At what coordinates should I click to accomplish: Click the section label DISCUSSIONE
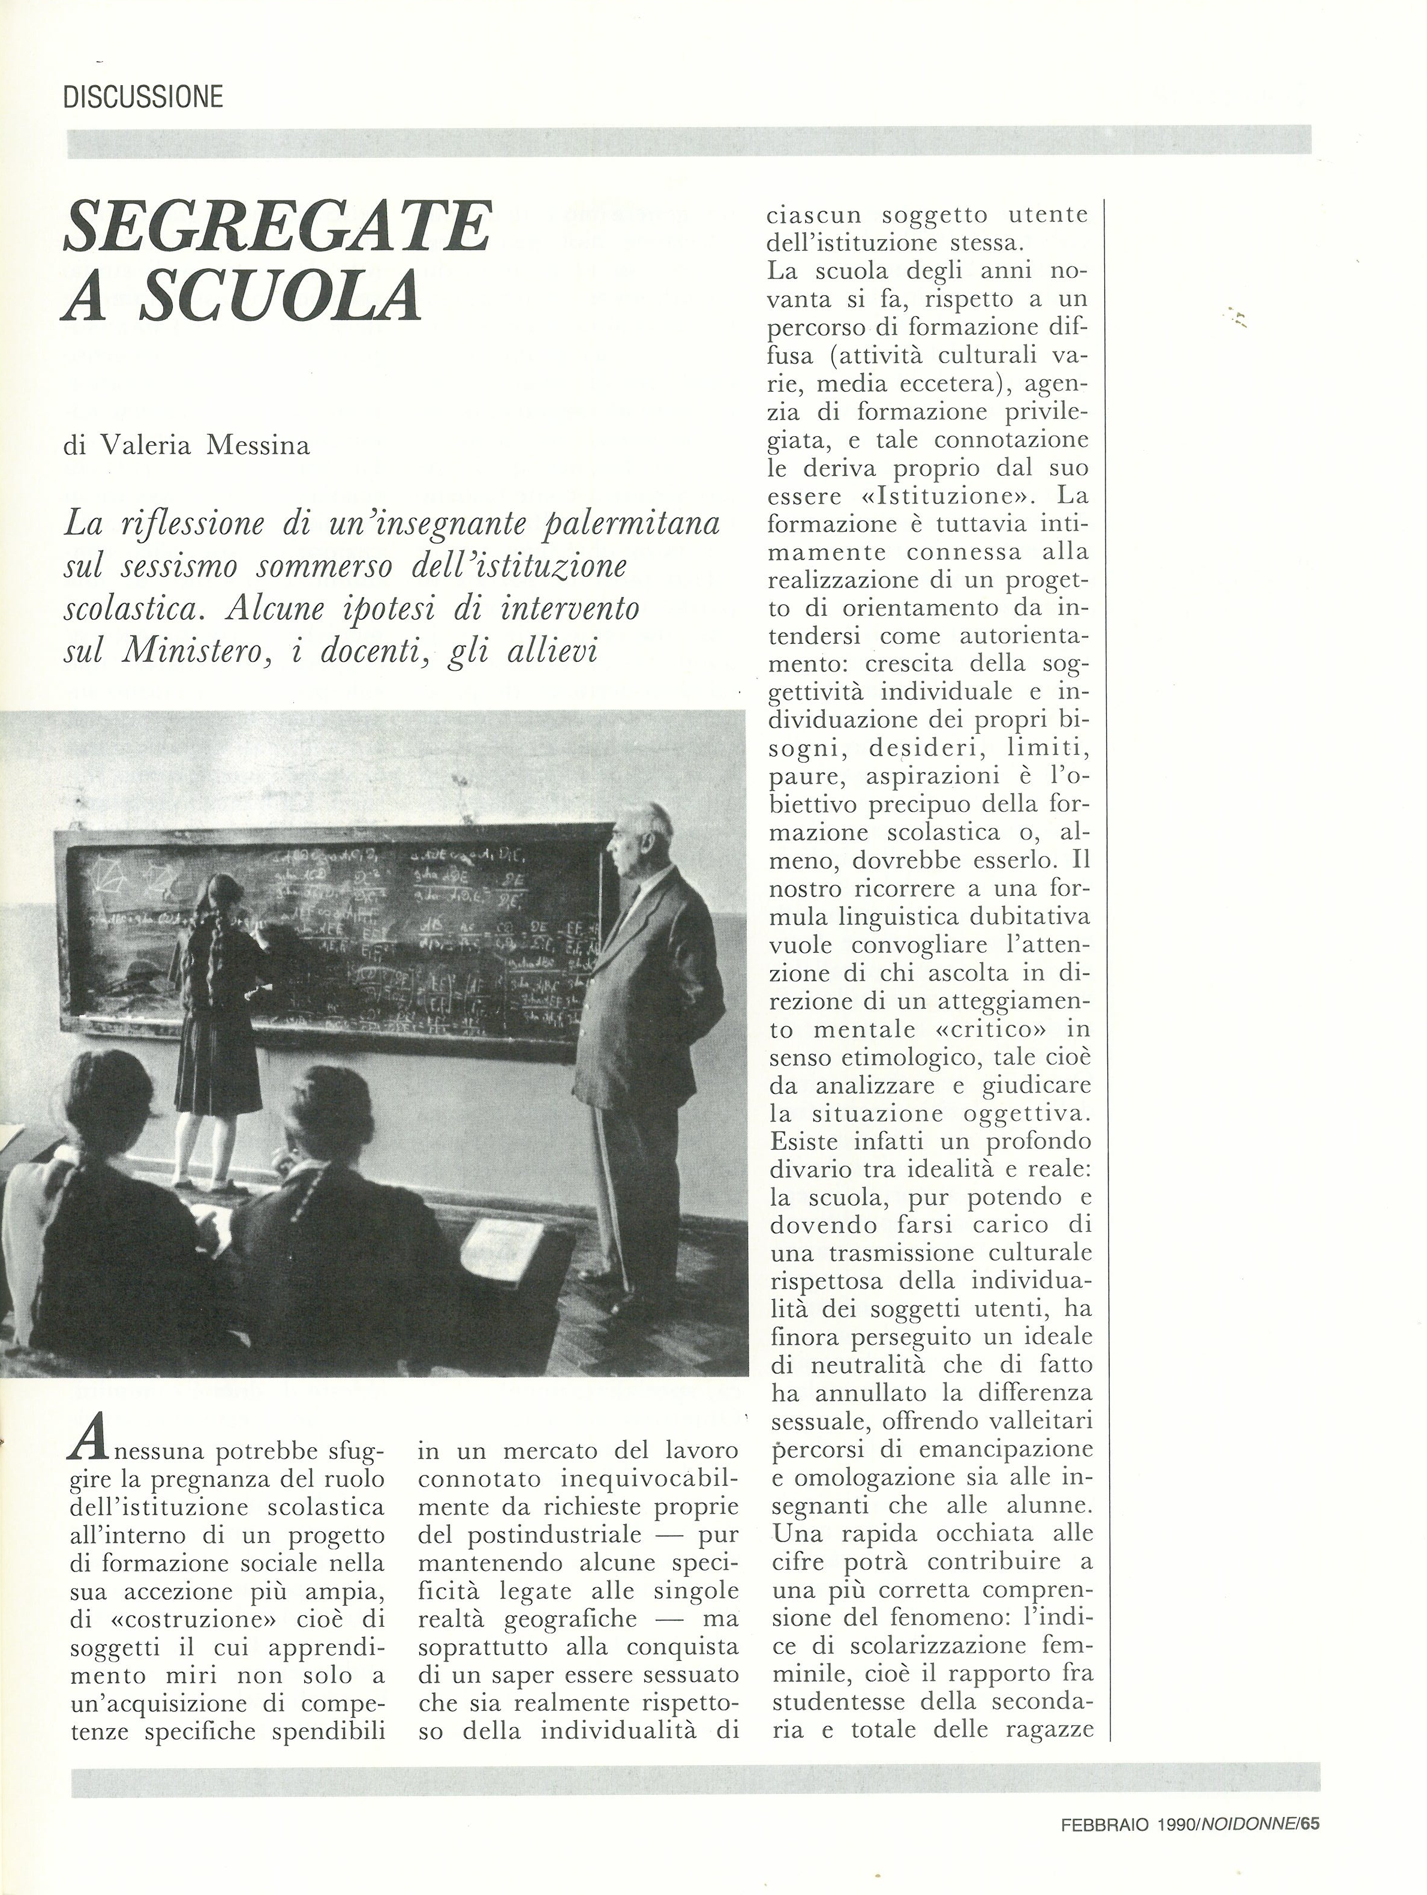(143, 96)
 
